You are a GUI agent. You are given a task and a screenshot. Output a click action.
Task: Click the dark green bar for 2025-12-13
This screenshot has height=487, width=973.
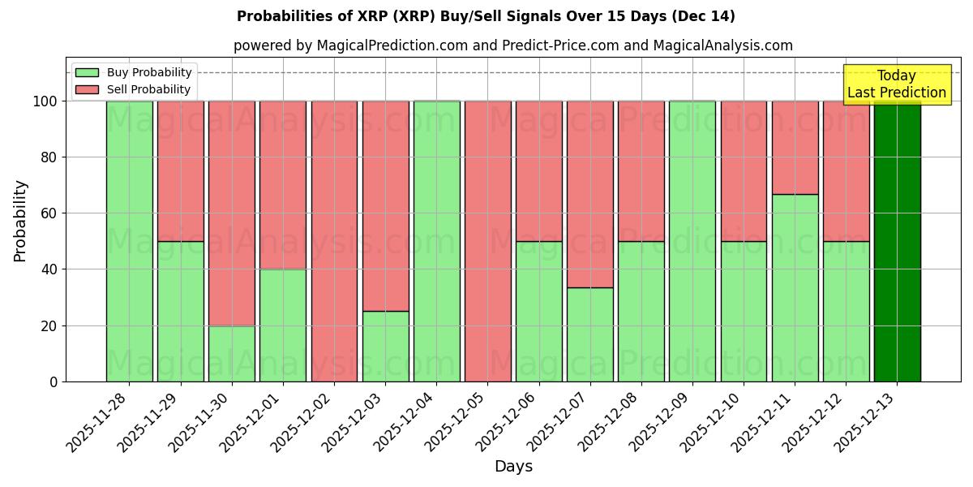pyautogui.click(x=897, y=241)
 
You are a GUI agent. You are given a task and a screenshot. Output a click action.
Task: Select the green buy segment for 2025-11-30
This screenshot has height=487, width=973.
pyautogui.click(x=232, y=353)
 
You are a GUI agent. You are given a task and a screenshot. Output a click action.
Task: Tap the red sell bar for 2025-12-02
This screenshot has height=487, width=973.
pyautogui.click(x=334, y=241)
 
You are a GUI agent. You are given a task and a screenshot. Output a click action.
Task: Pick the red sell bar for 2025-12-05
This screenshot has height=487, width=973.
pyautogui.click(x=487, y=241)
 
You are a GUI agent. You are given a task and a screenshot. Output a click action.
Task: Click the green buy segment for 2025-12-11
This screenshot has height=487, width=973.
pyautogui.click(x=795, y=287)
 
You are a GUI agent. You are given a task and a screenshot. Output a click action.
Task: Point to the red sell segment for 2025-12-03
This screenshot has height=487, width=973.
pyautogui.click(x=385, y=206)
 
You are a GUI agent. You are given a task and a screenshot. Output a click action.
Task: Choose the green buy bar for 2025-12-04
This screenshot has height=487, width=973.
pyautogui.click(x=436, y=241)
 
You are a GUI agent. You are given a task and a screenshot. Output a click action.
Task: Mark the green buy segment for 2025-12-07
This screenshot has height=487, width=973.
pyautogui.click(x=589, y=334)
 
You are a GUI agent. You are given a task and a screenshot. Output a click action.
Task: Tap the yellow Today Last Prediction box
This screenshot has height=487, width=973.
pyautogui.click(x=897, y=84)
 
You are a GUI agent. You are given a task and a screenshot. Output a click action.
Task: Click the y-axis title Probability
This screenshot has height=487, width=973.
pyautogui.click(x=20, y=220)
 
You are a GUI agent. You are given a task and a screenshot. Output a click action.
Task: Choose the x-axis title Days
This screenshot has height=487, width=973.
pyautogui.click(x=513, y=467)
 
